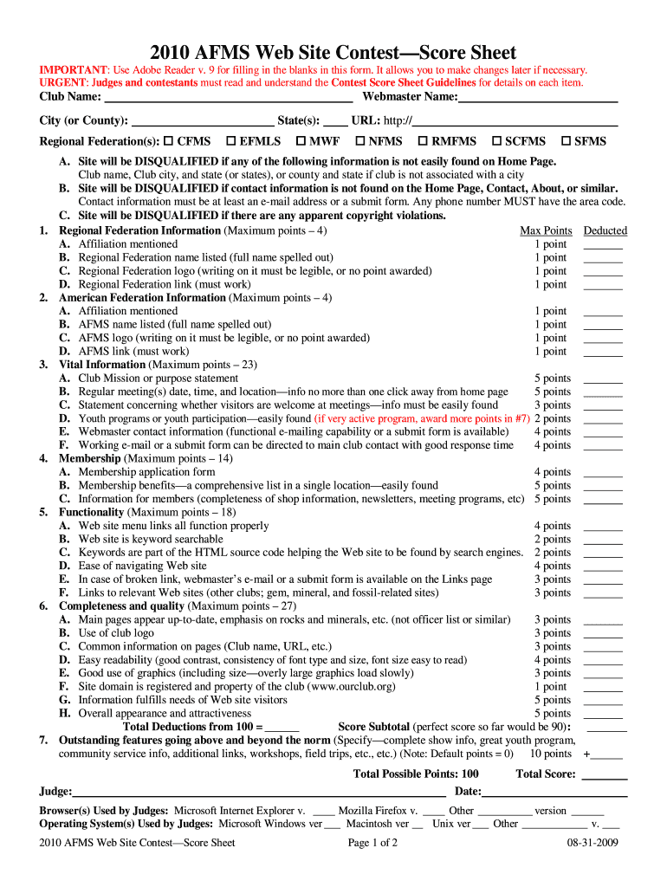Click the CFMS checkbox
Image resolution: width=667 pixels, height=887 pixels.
[x=170, y=141]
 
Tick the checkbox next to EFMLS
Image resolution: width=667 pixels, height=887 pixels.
[x=231, y=141]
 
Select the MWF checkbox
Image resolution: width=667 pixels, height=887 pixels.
[x=301, y=141]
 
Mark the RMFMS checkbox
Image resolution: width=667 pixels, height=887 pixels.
[x=423, y=141]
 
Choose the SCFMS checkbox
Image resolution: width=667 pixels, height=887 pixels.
[x=496, y=141]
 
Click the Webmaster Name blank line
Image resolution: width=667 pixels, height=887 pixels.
[x=537, y=99]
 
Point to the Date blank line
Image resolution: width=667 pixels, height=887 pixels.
[x=554, y=793]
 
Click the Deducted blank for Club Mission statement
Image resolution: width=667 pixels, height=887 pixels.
[x=603, y=379]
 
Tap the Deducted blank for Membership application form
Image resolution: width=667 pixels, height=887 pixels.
[x=603, y=473]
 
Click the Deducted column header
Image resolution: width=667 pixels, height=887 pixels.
[x=605, y=230]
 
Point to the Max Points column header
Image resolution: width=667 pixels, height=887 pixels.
[x=546, y=230]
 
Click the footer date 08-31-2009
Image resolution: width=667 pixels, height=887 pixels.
[x=593, y=843]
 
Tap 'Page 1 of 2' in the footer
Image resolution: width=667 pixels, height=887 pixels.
[x=372, y=843]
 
